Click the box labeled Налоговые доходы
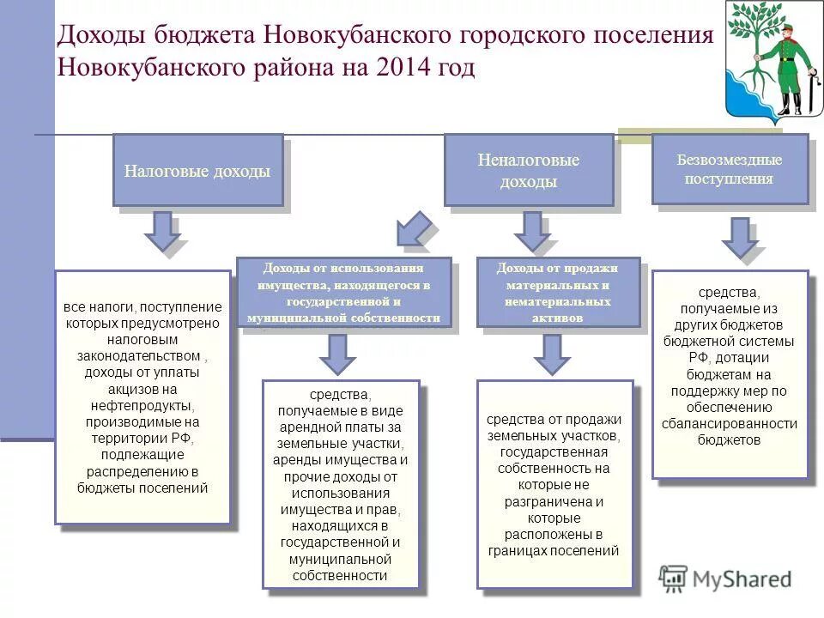(197, 171)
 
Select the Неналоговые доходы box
(529, 171)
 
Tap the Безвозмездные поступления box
(730, 169)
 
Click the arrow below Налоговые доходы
(161, 231)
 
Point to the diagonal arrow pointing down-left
(415, 229)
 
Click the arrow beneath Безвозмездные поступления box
(738, 237)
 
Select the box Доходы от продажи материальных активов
(558, 293)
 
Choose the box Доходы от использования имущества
(343, 293)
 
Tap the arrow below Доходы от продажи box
(550, 353)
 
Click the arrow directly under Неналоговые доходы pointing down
(531, 231)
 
